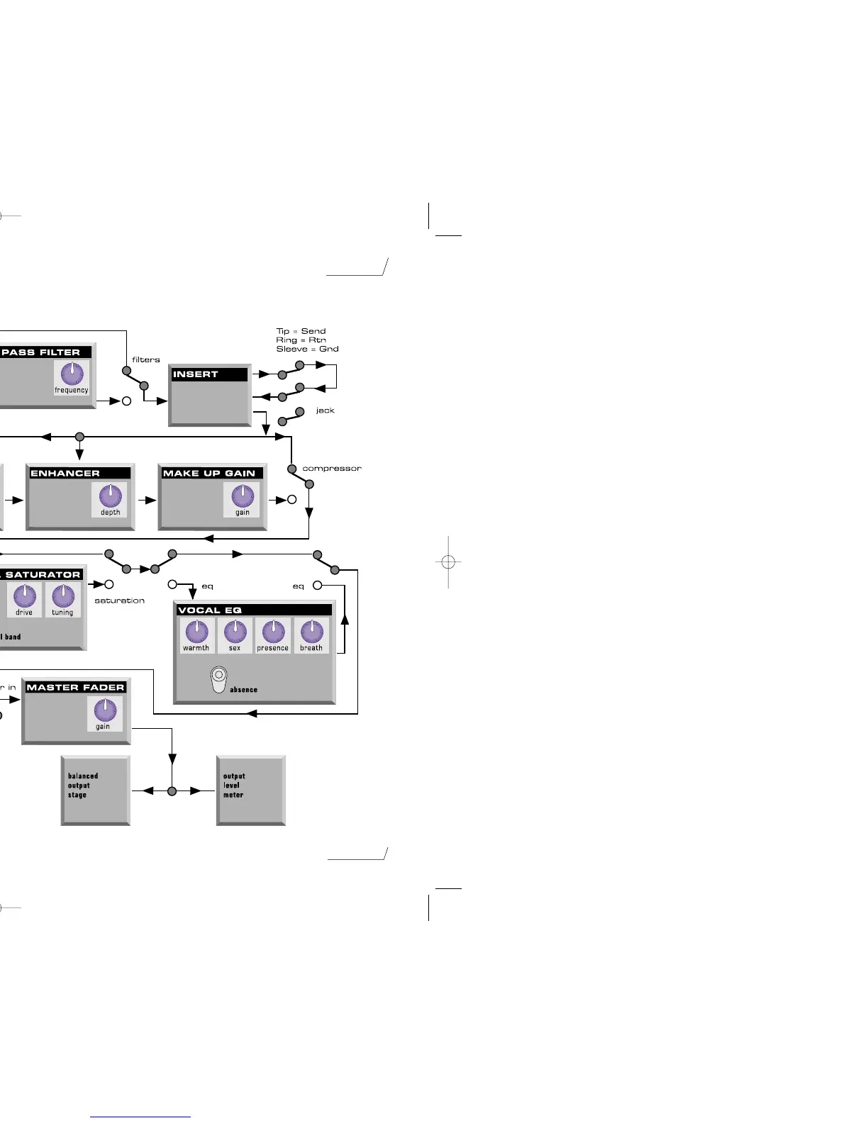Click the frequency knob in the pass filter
72,373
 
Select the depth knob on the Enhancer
110,496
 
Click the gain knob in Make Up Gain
243,496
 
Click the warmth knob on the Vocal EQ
196,631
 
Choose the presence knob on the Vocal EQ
273,631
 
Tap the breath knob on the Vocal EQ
311,631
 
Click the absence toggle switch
219,678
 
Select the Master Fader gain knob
105,710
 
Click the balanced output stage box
96,790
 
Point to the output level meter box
250,790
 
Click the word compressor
332,469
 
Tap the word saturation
119,600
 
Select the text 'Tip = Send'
301,331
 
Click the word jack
325,410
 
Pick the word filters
146,359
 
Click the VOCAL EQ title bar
254,610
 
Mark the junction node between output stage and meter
172,790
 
